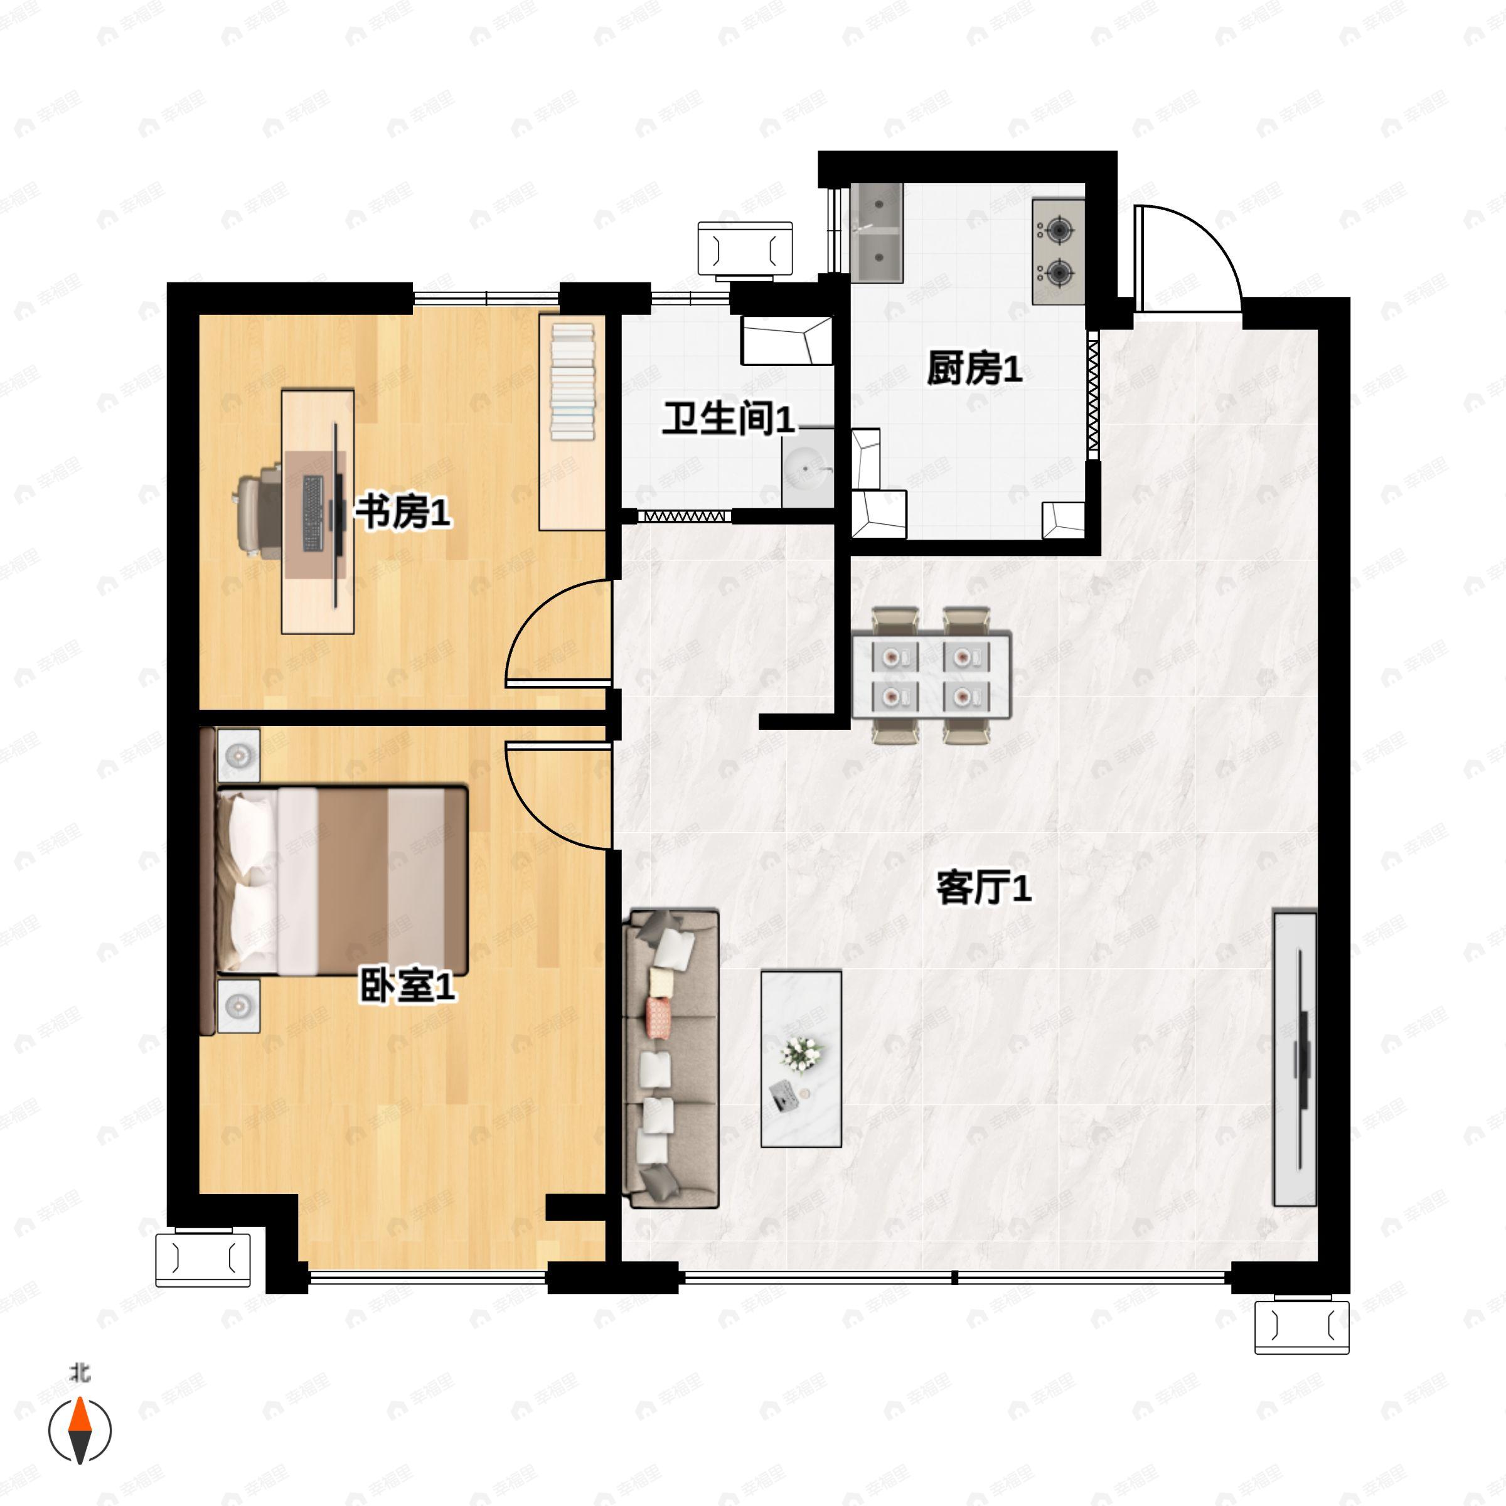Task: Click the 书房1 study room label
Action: pos(403,512)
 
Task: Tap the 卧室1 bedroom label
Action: pos(407,986)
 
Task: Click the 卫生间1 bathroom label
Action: pos(728,419)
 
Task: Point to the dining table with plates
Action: pos(931,676)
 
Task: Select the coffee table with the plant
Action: pos(801,1059)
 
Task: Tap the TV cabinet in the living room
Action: pos(1295,1059)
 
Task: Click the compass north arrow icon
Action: pos(80,1431)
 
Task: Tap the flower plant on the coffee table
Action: pos(801,1053)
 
